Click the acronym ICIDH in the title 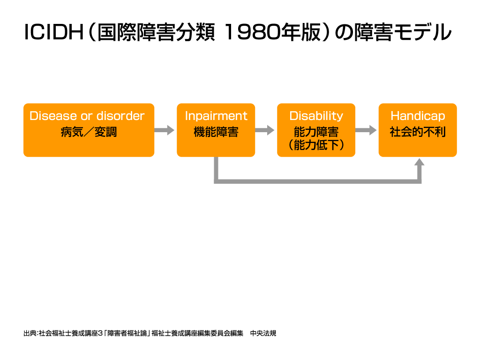point(53,32)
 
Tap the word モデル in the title point(422,32)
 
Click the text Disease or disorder point(87,116)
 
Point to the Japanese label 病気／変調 point(89,132)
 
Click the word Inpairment point(216,116)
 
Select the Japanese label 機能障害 point(216,132)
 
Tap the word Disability point(316,116)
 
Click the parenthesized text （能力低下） point(316,145)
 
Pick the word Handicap point(418,116)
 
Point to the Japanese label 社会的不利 point(418,132)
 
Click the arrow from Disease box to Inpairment point(165,130)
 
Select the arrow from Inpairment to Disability point(265,130)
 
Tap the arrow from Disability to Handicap point(366,130)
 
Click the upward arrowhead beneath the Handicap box point(420,162)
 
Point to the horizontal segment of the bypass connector point(317,181)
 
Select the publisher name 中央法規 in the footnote point(263,333)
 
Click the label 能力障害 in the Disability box point(316,132)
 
